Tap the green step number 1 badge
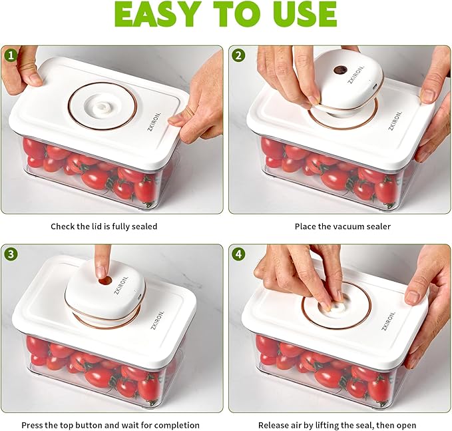pos(11,56)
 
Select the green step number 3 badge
pos(11,254)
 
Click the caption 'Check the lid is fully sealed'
pos(104,226)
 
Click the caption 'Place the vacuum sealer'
pos(343,226)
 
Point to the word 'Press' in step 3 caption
pos(34,425)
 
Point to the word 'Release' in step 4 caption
pos(274,425)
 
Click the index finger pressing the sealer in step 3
pos(101,263)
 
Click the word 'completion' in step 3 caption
pos(174,425)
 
